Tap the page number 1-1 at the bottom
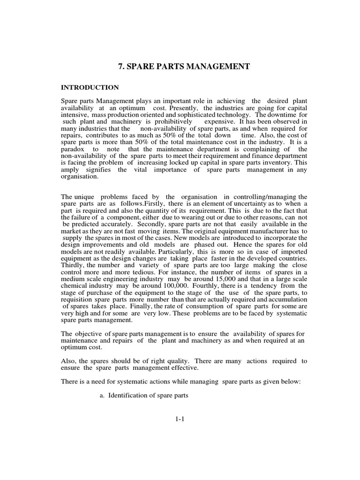(x=180, y=420)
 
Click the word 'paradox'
(x=74, y=163)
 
